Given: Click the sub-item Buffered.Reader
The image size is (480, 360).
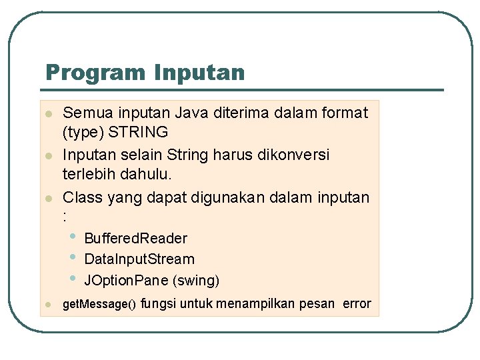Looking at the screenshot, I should pyautogui.click(x=136, y=238).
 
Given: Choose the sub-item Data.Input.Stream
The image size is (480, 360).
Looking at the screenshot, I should pyautogui.click(x=139, y=259).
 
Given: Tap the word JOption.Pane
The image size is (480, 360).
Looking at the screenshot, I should pyautogui.click(x=126, y=280).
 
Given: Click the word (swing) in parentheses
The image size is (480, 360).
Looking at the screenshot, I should pyautogui.click(x=196, y=280).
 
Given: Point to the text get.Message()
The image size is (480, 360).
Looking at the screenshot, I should pyautogui.click(x=99, y=305).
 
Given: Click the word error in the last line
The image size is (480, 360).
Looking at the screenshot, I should pyautogui.click(x=357, y=303).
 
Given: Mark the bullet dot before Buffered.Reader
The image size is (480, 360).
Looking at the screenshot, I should pyautogui.click(x=73, y=236).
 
